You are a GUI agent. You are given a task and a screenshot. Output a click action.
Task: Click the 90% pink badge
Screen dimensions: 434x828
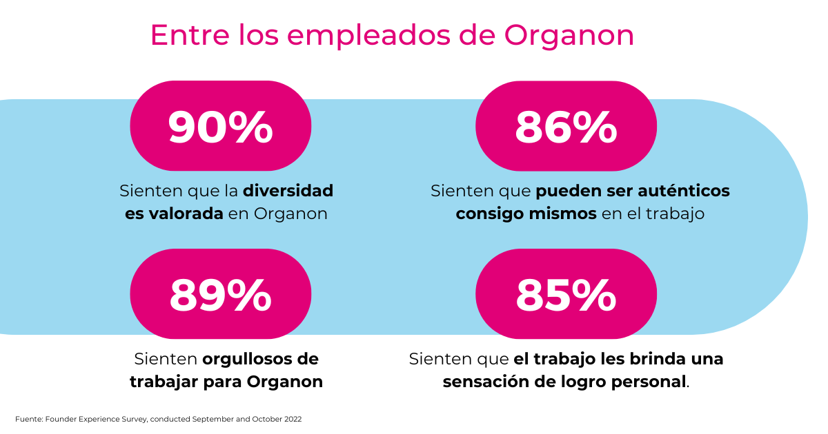click(x=220, y=127)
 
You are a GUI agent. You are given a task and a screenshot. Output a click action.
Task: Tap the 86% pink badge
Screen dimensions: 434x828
click(x=566, y=127)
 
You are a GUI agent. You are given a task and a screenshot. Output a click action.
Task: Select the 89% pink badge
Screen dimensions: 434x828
click(x=220, y=294)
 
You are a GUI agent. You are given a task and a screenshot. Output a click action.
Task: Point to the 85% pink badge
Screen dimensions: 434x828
click(x=566, y=294)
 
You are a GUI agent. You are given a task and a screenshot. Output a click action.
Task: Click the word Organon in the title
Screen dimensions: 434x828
click(x=569, y=36)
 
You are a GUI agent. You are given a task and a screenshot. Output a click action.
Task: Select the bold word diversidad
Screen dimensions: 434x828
click(x=288, y=190)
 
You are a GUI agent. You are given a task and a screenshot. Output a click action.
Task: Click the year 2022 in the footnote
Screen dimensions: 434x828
click(x=293, y=419)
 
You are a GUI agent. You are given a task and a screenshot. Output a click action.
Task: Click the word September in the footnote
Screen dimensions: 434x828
click(x=212, y=419)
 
